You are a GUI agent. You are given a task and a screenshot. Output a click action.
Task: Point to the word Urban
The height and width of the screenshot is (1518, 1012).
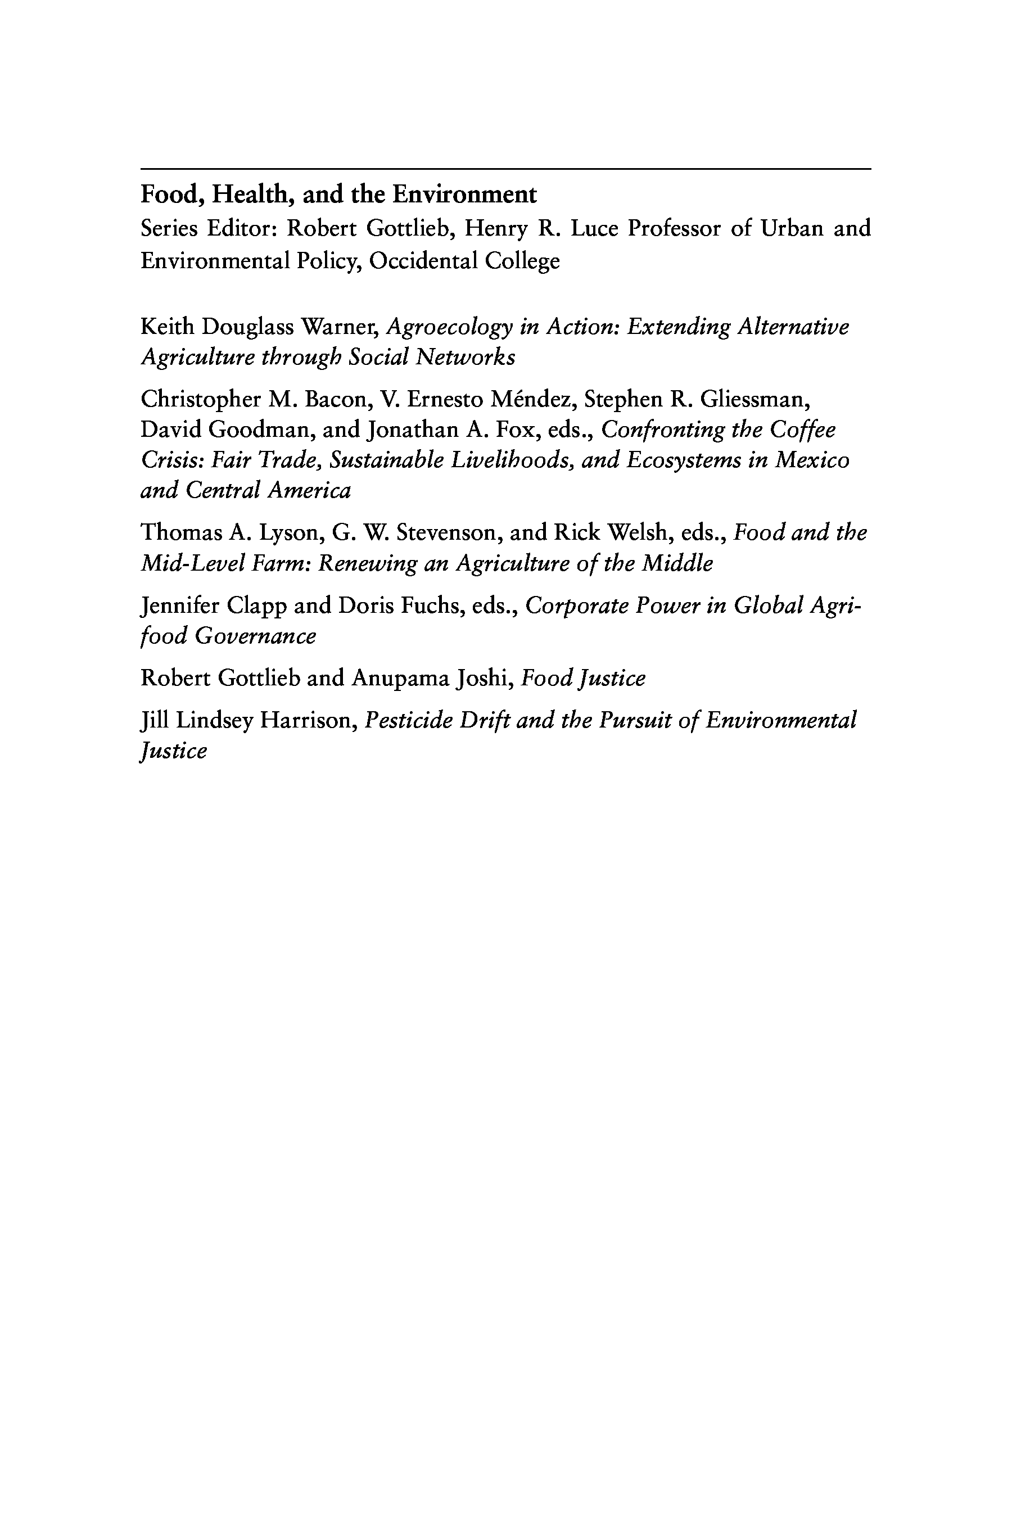tap(791, 228)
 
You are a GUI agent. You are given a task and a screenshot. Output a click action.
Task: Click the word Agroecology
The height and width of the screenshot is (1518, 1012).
tap(449, 327)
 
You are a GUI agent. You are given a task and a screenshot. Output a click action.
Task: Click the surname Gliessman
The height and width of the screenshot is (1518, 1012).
tap(755, 400)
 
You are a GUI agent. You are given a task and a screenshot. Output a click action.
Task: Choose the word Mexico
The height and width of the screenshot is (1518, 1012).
tap(812, 460)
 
